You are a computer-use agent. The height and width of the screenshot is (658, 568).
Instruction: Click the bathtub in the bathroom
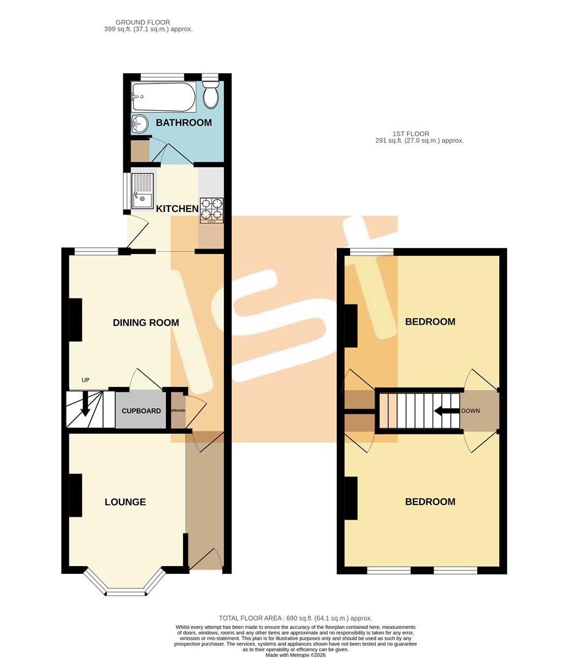(164, 97)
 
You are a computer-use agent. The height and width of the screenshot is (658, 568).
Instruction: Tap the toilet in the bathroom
(210, 96)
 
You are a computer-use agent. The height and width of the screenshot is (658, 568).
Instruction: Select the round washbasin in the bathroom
(140, 124)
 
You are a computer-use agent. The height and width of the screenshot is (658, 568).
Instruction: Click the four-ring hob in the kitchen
(210, 210)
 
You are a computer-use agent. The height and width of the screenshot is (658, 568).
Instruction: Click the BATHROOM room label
(184, 122)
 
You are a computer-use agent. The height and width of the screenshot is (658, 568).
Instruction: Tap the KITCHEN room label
(178, 209)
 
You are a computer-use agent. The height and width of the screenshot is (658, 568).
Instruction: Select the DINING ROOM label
(146, 322)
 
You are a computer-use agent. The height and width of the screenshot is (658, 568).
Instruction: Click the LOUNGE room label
(125, 502)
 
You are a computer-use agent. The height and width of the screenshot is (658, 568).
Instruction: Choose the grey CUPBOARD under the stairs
(141, 411)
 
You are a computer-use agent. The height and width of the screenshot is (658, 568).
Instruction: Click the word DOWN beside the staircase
(470, 411)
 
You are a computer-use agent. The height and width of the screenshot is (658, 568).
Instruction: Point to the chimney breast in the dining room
(75, 319)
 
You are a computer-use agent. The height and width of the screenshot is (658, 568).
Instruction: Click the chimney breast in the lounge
(75, 495)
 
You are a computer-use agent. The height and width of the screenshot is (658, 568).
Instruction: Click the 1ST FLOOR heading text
(411, 133)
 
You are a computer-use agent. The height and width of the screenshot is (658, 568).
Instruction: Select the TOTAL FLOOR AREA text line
(295, 618)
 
